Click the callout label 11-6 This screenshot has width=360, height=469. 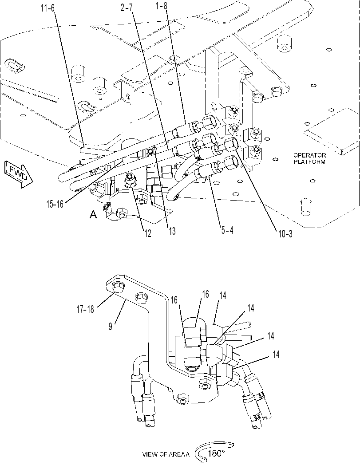click(48, 8)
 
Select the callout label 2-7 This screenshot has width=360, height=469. click(127, 8)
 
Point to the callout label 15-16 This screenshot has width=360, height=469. click(55, 204)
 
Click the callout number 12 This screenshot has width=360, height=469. click(147, 233)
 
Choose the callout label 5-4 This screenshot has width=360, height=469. click(227, 231)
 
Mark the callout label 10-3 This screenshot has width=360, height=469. click(285, 234)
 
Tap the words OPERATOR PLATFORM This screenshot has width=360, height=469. click(309, 158)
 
